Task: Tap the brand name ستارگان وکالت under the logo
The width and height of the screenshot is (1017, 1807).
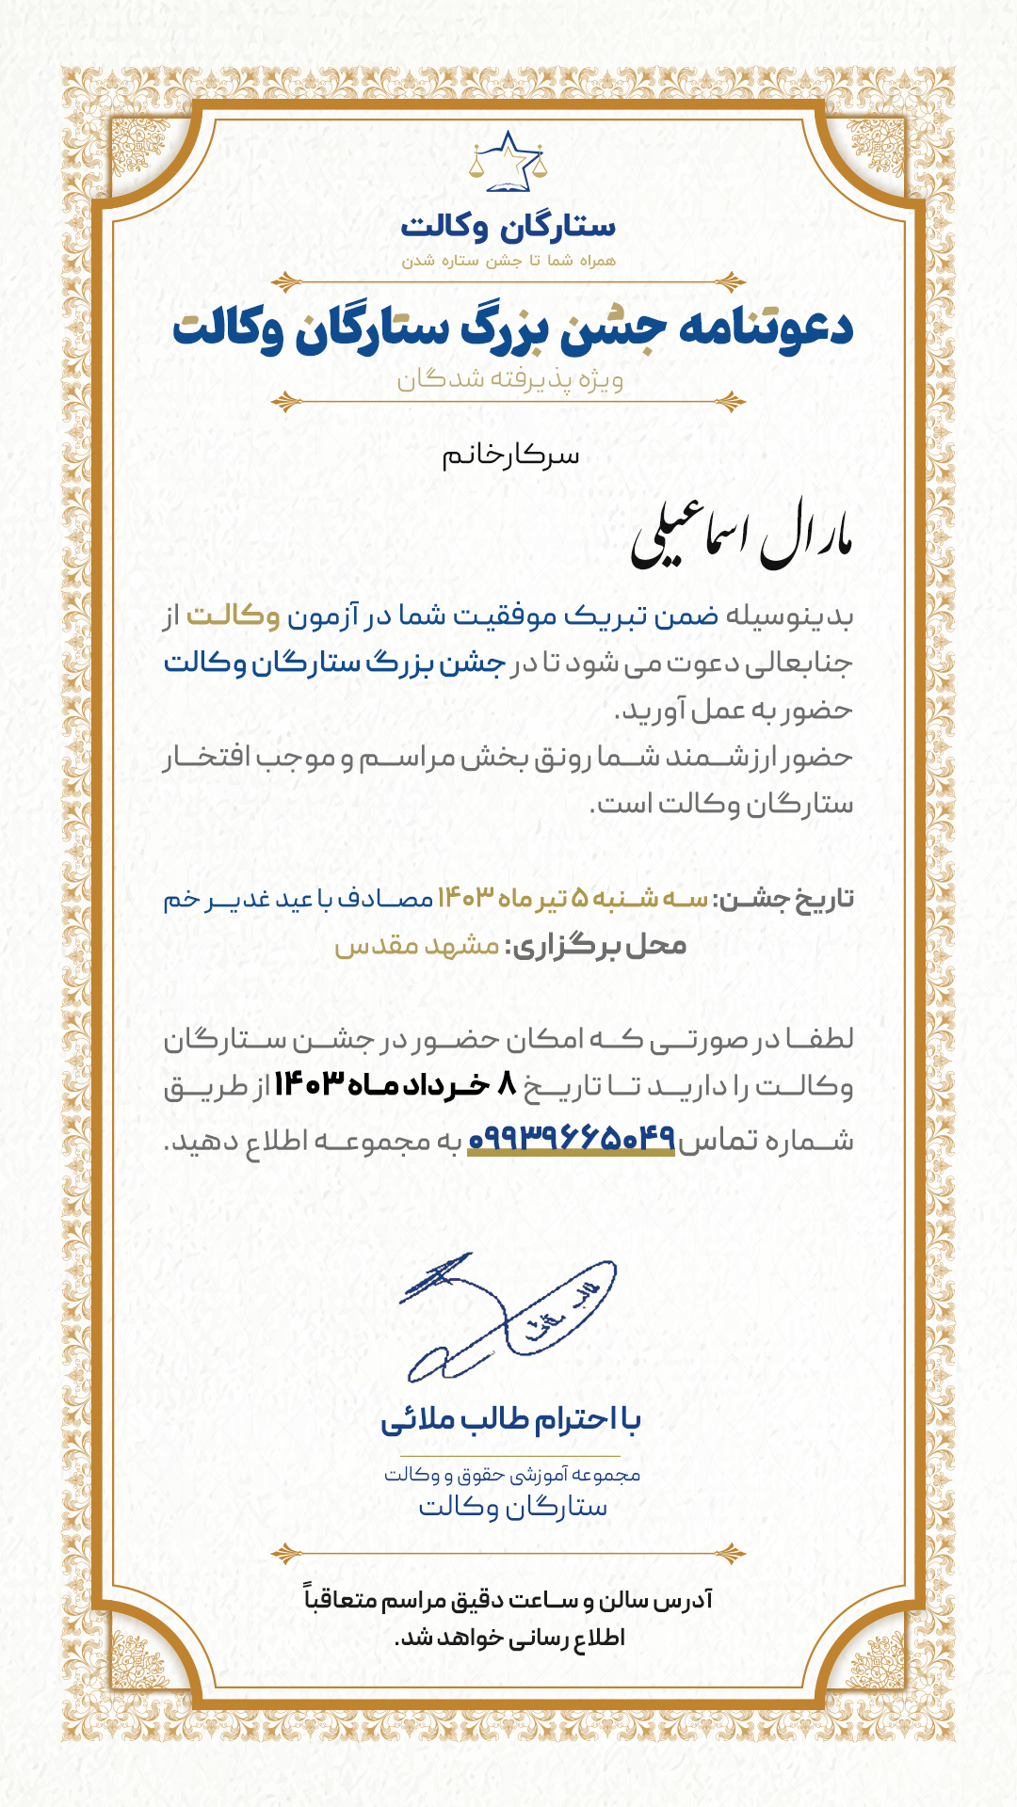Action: tap(508, 227)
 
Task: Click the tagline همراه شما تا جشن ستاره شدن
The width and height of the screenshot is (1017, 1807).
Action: tap(508, 261)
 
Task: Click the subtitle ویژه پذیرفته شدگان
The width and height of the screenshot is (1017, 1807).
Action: tap(509, 379)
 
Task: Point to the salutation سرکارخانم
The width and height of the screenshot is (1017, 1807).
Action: tap(510, 456)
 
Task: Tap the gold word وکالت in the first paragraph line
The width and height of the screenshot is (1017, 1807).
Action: tap(233, 616)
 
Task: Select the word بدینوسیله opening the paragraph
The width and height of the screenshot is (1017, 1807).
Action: tap(789, 616)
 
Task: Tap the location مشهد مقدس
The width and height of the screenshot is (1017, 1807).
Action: tap(417, 945)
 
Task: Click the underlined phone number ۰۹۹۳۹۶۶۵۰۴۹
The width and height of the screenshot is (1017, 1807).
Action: tap(572, 1139)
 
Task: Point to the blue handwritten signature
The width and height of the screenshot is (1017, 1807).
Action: tap(508, 1318)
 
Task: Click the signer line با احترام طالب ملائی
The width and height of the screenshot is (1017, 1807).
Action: tap(510, 1419)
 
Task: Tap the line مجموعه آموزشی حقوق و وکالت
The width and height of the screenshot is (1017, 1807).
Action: tap(511, 1475)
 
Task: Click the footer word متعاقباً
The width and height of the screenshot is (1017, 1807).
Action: tap(340, 1599)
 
